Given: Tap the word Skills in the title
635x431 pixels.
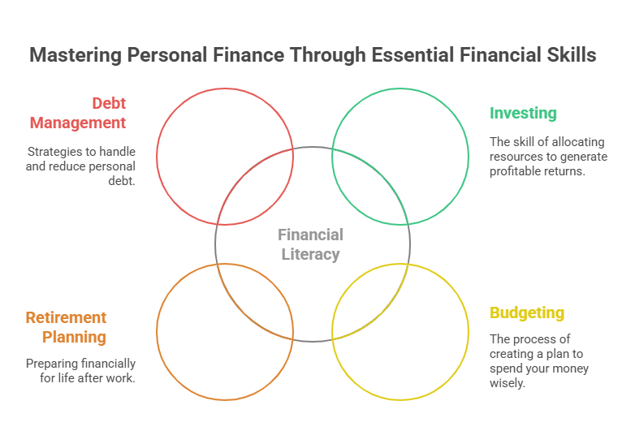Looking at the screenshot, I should pyautogui.click(x=570, y=55).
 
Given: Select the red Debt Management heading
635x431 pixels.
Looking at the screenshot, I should pyautogui.click(x=78, y=113).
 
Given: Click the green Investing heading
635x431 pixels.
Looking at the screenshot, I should pyautogui.click(x=522, y=113).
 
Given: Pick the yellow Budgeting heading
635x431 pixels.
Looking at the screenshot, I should pyautogui.click(x=526, y=312).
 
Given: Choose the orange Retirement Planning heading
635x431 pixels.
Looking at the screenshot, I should pyautogui.click(x=66, y=327).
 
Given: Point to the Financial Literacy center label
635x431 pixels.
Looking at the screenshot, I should pyautogui.click(x=311, y=244).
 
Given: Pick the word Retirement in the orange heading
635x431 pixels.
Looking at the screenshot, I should pyautogui.click(x=66, y=317).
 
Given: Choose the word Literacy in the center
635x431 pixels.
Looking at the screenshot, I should pyautogui.click(x=311, y=254).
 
